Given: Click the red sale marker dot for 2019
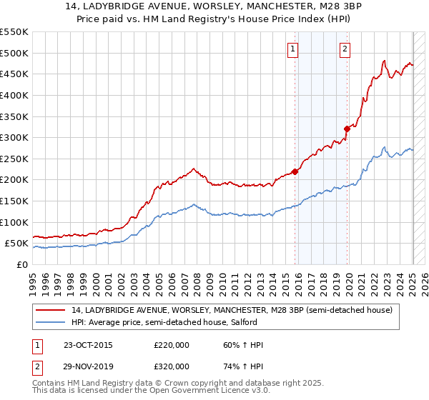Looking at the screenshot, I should (347, 129).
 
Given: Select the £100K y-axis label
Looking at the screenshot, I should (14, 222).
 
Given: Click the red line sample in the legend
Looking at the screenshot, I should (51, 310).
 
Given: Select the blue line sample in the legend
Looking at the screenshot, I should (51, 323).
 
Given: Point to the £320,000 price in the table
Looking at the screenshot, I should (172, 366).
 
